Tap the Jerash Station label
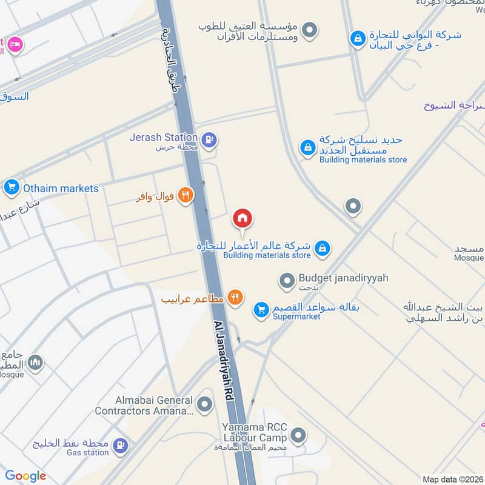(x=164, y=138)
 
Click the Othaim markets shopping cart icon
(x=11, y=188)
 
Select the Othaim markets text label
(x=61, y=188)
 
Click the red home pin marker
(x=242, y=218)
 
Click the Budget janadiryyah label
(x=343, y=278)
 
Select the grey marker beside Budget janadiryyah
(x=286, y=281)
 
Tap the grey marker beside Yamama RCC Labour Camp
(x=298, y=435)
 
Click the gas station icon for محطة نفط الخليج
(x=121, y=446)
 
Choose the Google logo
(x=25, y=476)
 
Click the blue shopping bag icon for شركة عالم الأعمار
(x=323, y=247)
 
